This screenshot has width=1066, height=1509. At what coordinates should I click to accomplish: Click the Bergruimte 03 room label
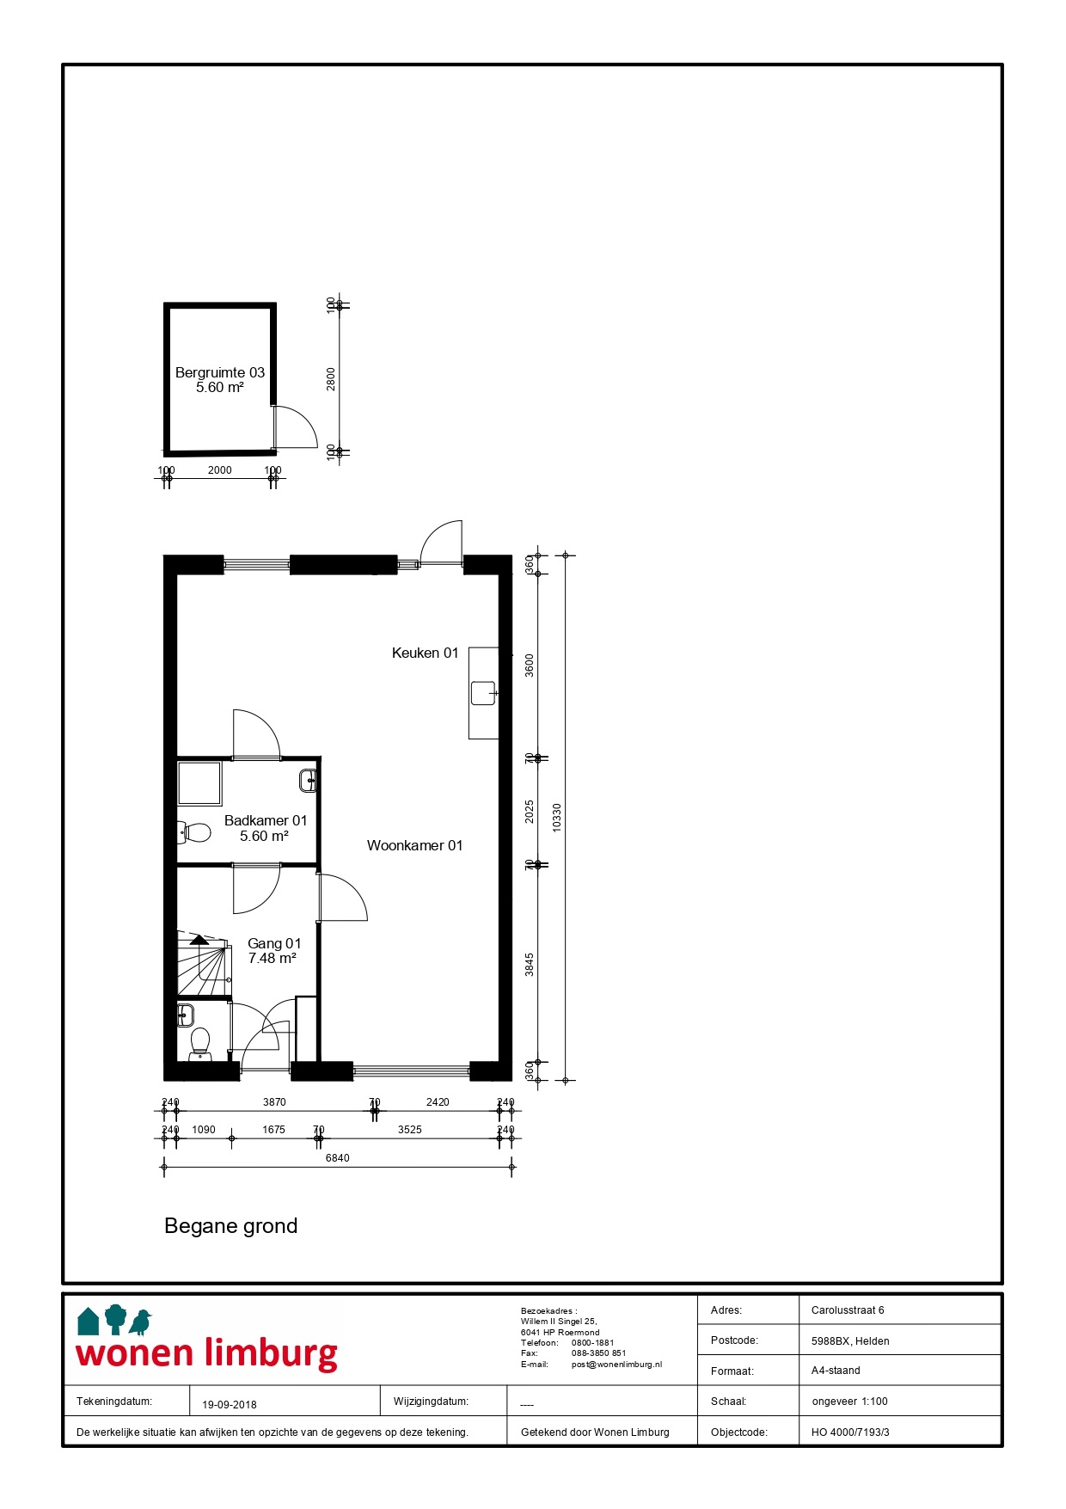coord(220,373)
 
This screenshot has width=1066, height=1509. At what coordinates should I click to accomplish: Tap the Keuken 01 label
coord(425,653)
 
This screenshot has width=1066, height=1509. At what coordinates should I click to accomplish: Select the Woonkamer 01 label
coord(414,846)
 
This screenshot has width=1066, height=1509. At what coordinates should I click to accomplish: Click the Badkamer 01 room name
coord(265,821)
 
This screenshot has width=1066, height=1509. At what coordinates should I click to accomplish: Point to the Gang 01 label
coord(274,944)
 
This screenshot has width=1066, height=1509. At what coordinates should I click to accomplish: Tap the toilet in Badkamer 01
coord(196,832)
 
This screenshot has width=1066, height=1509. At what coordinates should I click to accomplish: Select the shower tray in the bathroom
coord(199,783)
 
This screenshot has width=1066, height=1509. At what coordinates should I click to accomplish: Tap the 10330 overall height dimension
coord(557,818)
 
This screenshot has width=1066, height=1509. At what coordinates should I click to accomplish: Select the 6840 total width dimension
coord(337,1158)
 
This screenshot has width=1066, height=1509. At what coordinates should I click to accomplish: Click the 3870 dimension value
coord(274,1102)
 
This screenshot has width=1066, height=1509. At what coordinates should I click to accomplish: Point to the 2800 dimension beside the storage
coord(332,379)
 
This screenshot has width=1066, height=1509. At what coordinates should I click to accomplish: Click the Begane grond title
coord(230,1226)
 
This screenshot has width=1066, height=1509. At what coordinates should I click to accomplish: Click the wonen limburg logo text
coord(207,1353)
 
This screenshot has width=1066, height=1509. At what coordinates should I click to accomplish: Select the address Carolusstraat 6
coord(847,1310)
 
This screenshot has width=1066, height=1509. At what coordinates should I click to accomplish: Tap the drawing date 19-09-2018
coord(230,1405)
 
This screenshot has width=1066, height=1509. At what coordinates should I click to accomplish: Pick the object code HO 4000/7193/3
coord(849,1432)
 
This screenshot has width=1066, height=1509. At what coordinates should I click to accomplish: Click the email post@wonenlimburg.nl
coord(616,1365)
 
